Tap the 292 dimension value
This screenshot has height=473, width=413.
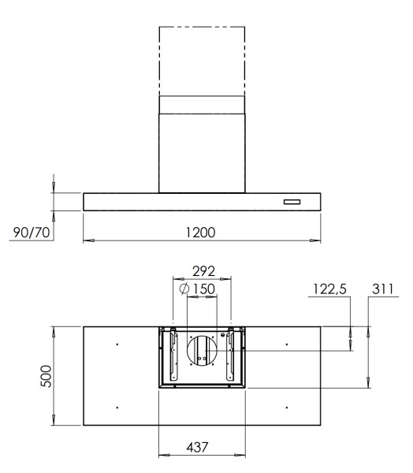point(202,272)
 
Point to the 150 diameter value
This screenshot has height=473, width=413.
point(205,289)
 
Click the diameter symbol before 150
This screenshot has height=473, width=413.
point(184,289)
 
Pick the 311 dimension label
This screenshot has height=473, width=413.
point(382,289)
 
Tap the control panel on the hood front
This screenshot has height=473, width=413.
point(292,203)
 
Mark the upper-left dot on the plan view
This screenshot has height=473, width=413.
point(117,345)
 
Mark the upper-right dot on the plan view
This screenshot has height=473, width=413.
point(287,345)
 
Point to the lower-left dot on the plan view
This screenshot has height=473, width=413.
point(117,407)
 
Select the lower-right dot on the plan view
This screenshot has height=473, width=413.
point(287,407)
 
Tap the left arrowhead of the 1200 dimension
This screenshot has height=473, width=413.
point(87,240)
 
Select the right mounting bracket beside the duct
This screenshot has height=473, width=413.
point(232,356)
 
